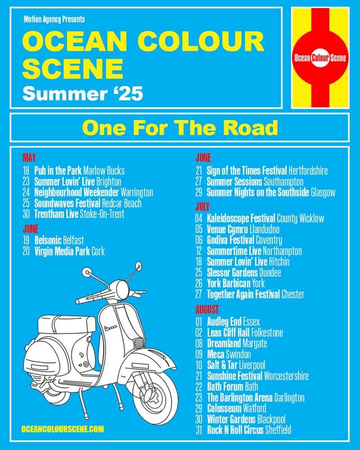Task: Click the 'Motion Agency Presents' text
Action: pyautogui.click(x=54, y=19)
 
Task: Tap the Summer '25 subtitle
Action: pyautogui.click(x=83, y=94)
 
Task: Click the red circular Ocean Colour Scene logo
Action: pyautogui.click(x=320, y=58)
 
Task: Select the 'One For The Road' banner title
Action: pyautogui.click(x=180, y=127)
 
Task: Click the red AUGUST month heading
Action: pyautogui.click(x=207, y=310)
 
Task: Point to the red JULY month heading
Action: pyautogui.click(x=202, y=207)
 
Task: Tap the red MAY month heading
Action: pyautogui.click(x=29, y=157)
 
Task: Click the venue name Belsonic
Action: pyautogui.click(x=48, y=240)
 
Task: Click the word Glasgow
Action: pyautogui.click(x=323, y=192)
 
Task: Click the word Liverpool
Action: pyautogui.click(x=252, y=365)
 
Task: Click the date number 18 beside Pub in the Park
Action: pyautogui.click(x=26, y=171)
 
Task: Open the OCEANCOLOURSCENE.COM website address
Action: pyautogui.click(x=63, y=429)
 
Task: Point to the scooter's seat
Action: pyautogui.click(x=67, y=324)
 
